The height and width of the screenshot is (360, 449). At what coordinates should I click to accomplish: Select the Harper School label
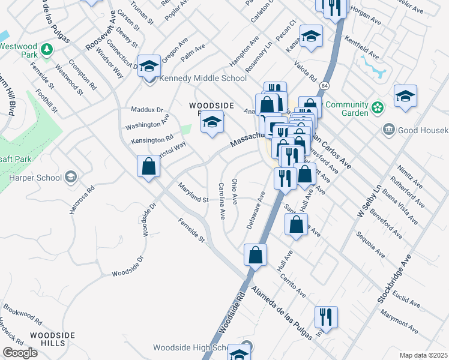pos(35,177)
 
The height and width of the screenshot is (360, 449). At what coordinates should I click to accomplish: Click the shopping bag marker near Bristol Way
pos(148,166)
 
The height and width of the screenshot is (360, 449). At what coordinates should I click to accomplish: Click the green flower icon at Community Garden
pos(378,108)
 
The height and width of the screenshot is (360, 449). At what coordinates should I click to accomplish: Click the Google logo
pos(20,353)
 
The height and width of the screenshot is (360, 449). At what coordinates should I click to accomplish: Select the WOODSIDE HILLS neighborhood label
pos(53,338)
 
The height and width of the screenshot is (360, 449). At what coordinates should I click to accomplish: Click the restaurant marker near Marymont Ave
pos(326,317)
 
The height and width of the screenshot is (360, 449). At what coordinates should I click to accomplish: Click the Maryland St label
pos(193,193)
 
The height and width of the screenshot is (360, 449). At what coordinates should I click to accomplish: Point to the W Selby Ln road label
pos(369,202)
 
